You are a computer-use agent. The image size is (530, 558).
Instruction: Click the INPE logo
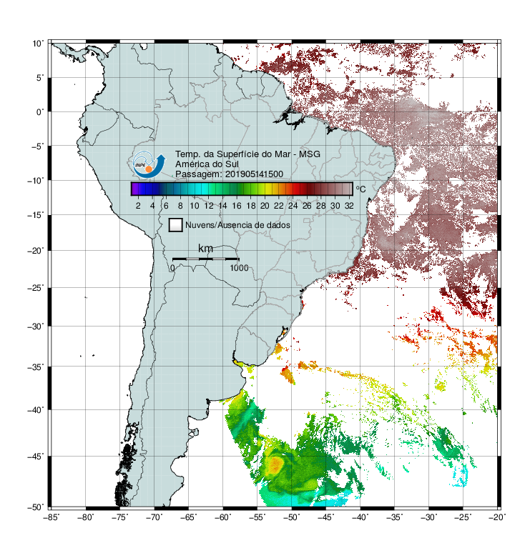[149, 165]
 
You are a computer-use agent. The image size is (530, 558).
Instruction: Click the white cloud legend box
[176, 225]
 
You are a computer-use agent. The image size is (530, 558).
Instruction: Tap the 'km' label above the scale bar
[205, 249]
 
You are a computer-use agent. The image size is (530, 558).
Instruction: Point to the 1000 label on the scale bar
[239, 268]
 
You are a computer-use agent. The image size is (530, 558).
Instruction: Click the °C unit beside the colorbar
[360, 189]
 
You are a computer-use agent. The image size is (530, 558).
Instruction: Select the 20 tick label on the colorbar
[265, 206]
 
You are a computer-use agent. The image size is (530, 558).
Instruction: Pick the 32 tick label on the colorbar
[349, 206]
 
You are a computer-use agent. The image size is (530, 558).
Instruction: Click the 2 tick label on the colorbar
[138, 206]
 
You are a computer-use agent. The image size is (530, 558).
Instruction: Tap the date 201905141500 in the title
[254, 174]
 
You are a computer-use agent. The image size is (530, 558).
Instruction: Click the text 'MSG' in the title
[309, 154]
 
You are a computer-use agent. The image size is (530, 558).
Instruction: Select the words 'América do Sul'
[207, 164]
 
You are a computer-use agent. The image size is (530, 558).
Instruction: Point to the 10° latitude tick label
[38, 44]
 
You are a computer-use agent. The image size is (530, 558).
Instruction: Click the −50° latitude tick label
[36, 507]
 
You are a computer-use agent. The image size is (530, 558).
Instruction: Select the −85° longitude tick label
[51, 517]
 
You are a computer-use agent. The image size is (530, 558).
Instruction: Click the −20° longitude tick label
[497, 517]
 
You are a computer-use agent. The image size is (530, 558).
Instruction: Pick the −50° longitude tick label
[292, 517]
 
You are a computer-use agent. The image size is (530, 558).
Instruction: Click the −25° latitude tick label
[36, 287]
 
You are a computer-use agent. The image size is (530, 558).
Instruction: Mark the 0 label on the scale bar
[172, 268]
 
